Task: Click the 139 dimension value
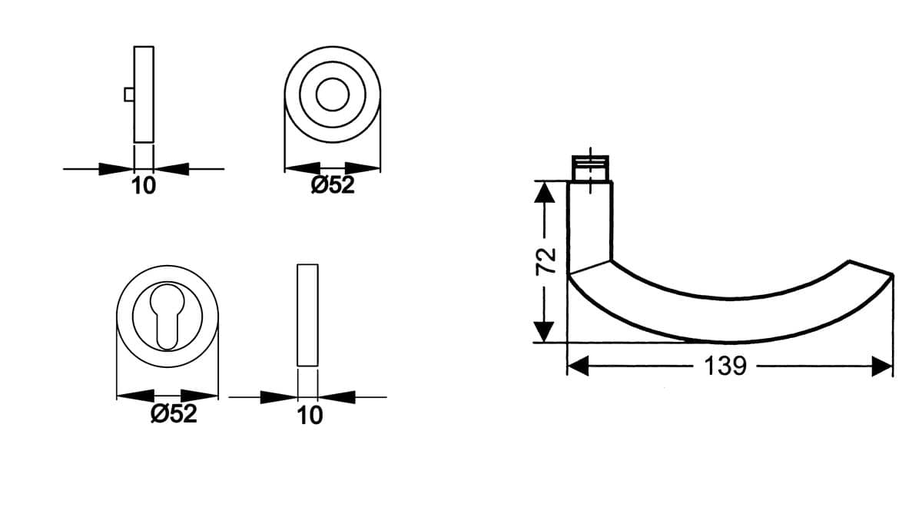pos(725,366)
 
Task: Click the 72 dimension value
pos(546,261)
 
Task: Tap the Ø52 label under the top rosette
pos(333,185)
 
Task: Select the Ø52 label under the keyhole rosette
pos(174,413)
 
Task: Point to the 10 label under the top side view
pos(144,186)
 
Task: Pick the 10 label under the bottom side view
pos(310,416)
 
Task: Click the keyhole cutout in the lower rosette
pos(167,316)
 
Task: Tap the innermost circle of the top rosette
pos(333,94)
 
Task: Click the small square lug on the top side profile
pos(129,94)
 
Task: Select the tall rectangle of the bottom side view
pos(307,315)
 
